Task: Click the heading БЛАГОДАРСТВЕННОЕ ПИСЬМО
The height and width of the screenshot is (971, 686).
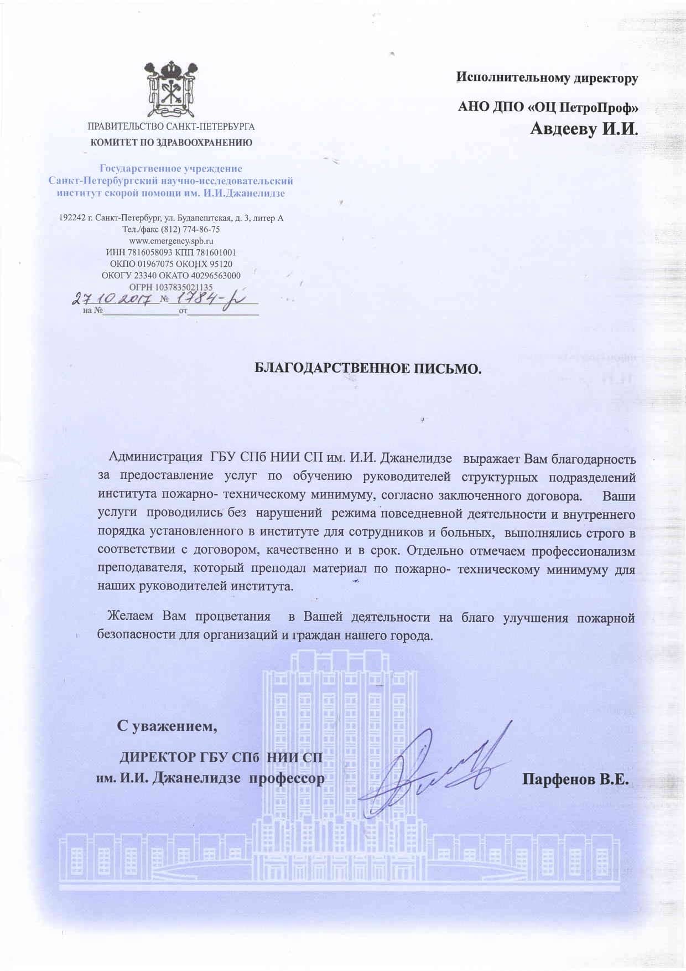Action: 368,368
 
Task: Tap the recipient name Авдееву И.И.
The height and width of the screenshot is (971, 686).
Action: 584,130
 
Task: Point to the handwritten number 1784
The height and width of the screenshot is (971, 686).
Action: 194,299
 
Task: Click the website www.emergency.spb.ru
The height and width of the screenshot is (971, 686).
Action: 171,241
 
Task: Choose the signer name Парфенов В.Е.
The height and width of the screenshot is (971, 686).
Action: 575,779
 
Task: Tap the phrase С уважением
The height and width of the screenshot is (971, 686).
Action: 167,726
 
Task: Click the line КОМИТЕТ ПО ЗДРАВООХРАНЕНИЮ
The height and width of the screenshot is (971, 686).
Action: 171,142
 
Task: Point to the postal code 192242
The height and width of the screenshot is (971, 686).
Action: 71,218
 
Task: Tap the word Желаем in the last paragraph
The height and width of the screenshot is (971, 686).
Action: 131,617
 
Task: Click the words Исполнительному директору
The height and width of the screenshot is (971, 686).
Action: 547,78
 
